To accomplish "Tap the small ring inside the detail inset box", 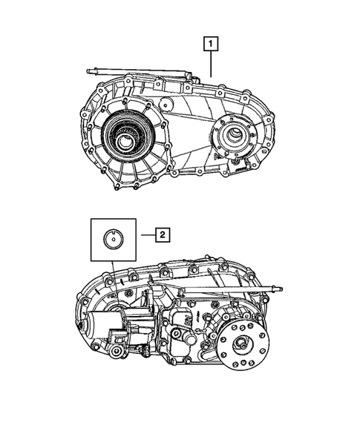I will click(x=112, y=238).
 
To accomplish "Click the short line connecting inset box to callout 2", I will click(x=145, y=235).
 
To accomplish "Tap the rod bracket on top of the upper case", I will click(x=190, y=74).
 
